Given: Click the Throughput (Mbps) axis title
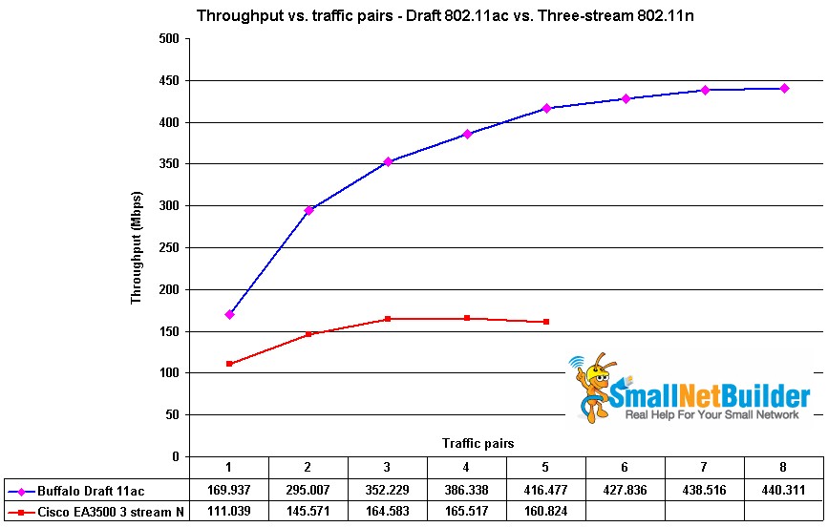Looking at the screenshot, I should (x=137, y=247).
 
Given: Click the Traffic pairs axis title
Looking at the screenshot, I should (x=478, y=443).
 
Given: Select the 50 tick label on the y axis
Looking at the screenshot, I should (x=172, y=414).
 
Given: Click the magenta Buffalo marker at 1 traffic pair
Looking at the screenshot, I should (x=229, y=314).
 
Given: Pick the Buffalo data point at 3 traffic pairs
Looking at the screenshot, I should (x=388, y=162).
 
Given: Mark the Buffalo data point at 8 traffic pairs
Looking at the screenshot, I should (x=784, y=88).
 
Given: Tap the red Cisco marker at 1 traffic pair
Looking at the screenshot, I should (x=229, y=364).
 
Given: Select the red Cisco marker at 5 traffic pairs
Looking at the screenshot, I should (x=546, y=322).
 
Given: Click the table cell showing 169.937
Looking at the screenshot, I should (x=229, y=491).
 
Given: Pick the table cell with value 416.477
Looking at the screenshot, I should (x=546, y=491).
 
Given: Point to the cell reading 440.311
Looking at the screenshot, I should (x=784, y=491).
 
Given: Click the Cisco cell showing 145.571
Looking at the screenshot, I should (x=308, y=513).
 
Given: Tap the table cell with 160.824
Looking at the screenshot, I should (x=546, y=513).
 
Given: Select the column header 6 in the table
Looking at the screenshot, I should (x=626, y=467).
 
